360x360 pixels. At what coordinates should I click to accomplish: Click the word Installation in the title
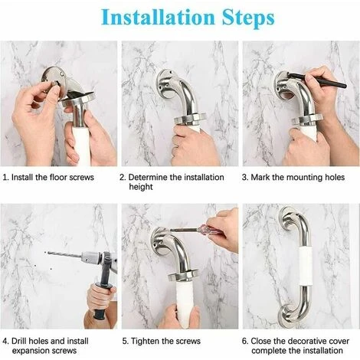[159, 18]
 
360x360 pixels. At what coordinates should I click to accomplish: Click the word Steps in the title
[248, 18]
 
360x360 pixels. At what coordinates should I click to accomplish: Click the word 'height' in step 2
[141, 187]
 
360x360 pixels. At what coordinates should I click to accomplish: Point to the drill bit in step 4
[64, 254]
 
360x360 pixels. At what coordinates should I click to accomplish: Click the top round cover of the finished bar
[289, 218]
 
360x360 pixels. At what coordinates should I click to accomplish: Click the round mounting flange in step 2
[165, 83]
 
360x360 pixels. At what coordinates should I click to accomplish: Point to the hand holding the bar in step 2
[195, 146]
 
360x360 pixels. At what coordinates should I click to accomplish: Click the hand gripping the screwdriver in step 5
[225, 228]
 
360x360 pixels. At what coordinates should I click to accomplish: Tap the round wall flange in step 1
[54, 79]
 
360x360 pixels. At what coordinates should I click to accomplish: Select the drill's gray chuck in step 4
[91, 259]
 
